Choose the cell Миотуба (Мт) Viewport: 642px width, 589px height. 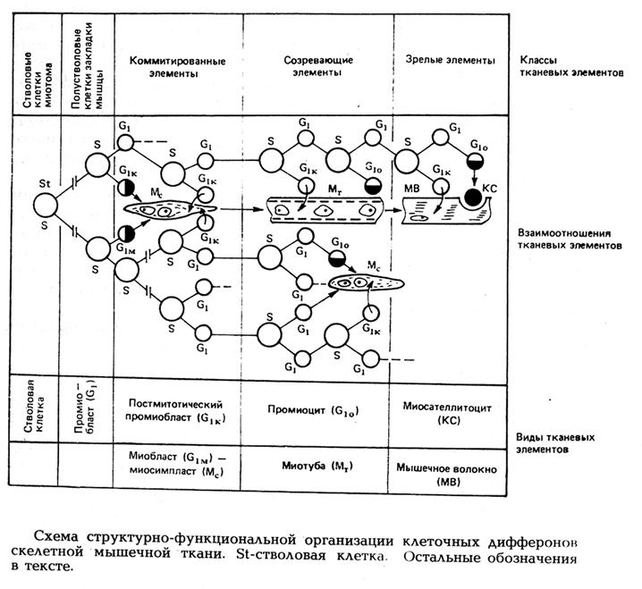315,467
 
